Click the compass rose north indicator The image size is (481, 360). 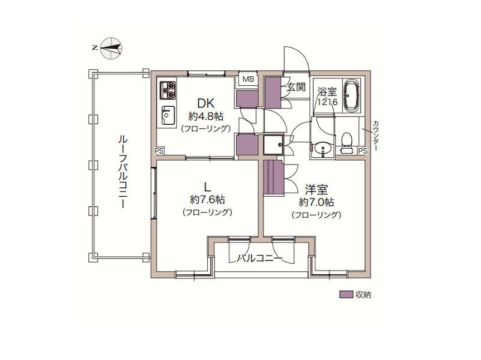point(110,48)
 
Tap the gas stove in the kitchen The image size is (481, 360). point(168,91)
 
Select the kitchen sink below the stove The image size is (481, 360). point(168,115)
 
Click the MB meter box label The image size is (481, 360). point(248,79)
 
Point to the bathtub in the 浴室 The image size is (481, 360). point(351,96)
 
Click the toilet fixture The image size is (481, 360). point(346,143)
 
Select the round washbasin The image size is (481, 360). point(323,149)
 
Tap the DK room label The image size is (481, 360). point(205,103)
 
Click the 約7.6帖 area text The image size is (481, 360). point(207,200)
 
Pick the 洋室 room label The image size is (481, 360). point(316,190)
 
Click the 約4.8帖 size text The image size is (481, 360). point(206,116)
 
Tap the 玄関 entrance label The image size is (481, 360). point(296,87)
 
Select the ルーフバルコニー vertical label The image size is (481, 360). point(123,172)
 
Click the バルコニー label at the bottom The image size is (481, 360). point(260,258)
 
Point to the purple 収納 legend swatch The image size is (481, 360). point(346,295)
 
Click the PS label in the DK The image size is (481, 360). point(159,151)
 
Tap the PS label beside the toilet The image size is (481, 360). point(363,151)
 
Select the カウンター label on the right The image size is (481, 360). point(376,135)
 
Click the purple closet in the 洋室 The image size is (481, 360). point(274,177)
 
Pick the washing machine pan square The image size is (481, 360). point(274,145)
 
